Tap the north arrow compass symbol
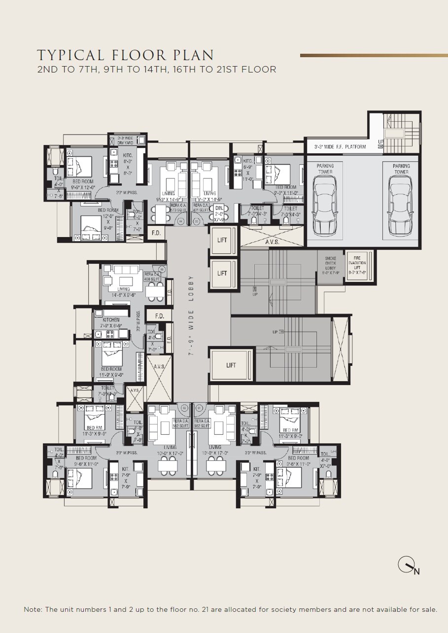pyautogui.click(x=407, y=565)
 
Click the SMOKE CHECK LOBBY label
pyautogui.click(x=330, y=264)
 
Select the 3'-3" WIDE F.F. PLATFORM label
pyautogui.click(x=337, y=147)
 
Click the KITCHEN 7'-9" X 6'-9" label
pyautogui.click(x=111, y=323)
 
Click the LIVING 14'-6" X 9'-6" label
pyautogui.click(x=124, y=292)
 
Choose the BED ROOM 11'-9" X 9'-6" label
pyautogui.click(x=111, y=372)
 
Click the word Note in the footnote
pyautogui.click(x=33, y=610)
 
